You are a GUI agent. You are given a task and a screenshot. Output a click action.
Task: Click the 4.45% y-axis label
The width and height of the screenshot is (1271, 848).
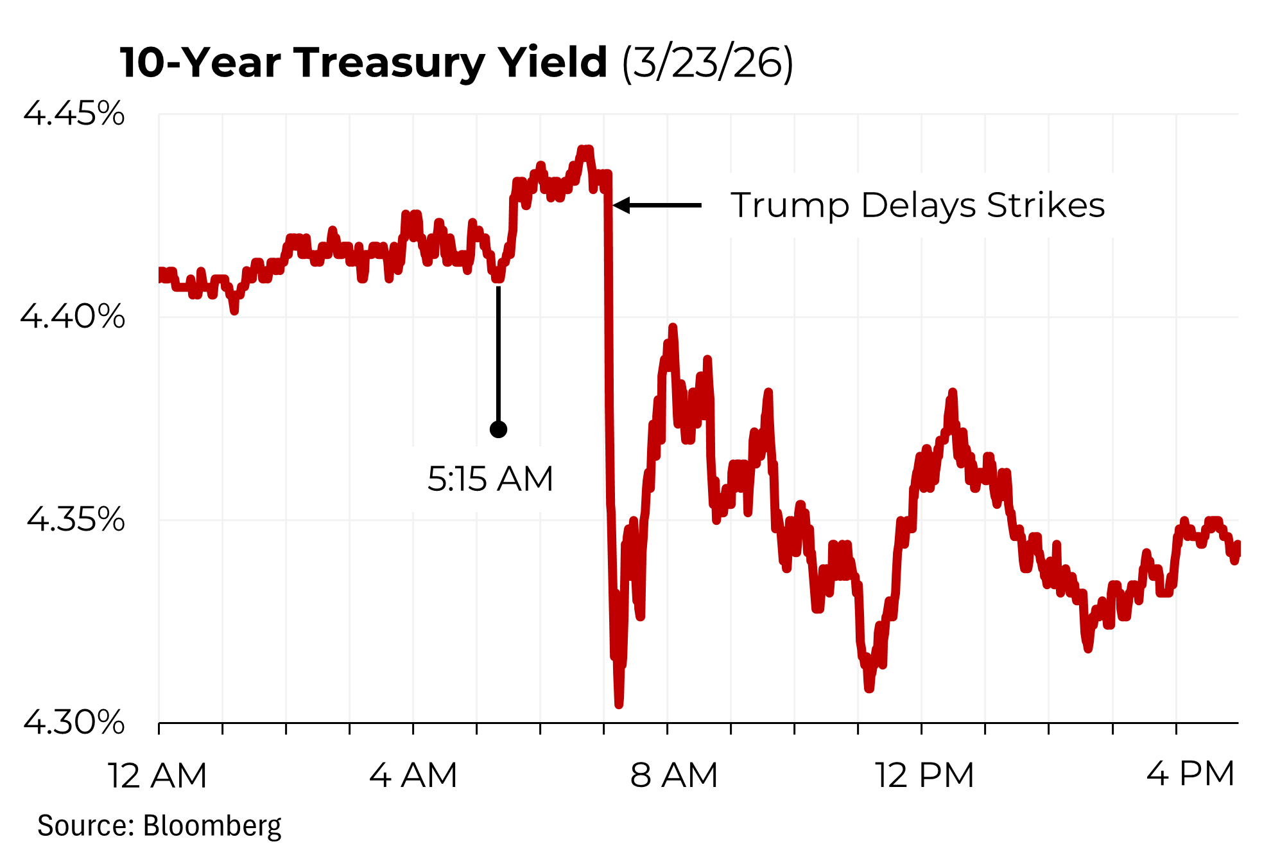74,114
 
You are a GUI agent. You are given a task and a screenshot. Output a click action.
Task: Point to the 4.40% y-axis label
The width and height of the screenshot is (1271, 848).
73,316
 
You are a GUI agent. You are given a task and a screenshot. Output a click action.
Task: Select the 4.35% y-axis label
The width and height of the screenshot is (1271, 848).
75,519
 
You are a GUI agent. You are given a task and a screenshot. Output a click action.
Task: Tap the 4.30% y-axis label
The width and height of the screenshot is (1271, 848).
74,722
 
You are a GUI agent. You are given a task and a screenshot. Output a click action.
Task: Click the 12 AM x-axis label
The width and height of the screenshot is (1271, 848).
157,775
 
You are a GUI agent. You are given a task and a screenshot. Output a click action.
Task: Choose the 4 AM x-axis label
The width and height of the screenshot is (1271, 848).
413,775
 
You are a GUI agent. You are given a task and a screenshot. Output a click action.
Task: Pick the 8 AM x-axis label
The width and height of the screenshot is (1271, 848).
673,775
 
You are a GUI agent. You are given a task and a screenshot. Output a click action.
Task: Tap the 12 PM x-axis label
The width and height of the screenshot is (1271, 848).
924,775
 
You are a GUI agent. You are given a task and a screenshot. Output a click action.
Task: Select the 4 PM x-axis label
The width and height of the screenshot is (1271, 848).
1191,774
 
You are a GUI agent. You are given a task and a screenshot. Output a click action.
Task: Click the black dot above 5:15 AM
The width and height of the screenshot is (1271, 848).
498,429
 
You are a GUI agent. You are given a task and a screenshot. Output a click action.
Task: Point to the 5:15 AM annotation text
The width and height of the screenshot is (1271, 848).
490,479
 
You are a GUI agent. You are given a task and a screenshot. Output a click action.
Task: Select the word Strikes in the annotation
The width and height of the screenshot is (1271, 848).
1046,206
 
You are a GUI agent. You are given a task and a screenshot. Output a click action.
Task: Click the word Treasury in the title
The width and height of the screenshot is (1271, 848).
390,64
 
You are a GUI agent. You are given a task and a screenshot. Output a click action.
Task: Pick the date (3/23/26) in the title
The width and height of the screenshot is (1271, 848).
707,64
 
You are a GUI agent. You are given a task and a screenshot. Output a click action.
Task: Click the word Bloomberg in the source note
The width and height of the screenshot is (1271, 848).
212,826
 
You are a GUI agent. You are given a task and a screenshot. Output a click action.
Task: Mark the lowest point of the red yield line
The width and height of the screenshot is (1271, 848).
619,704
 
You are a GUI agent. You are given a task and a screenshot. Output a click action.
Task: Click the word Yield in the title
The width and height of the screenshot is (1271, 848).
553,64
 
